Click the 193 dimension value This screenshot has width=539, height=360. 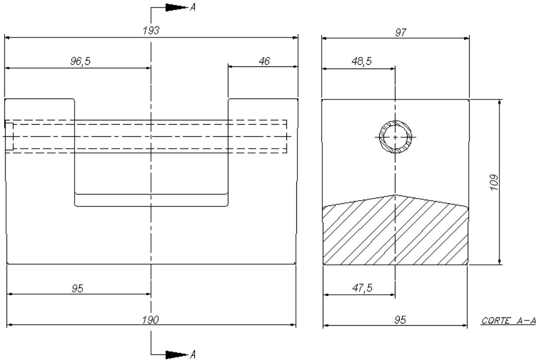click(x=151, y=30)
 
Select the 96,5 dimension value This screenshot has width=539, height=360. click(x=80, y=61)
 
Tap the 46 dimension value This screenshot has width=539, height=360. click(x=264, y=61)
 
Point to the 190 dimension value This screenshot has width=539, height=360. click(x=151, y=320)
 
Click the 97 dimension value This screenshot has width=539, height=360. click(x=401, y=33)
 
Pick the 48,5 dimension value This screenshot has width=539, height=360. click(x=362, y=61)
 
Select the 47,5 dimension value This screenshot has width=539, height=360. click(x=362, y=288)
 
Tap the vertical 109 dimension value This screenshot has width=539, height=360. click(x=494, y=182)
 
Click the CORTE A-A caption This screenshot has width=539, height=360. click(x=509, y=321)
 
